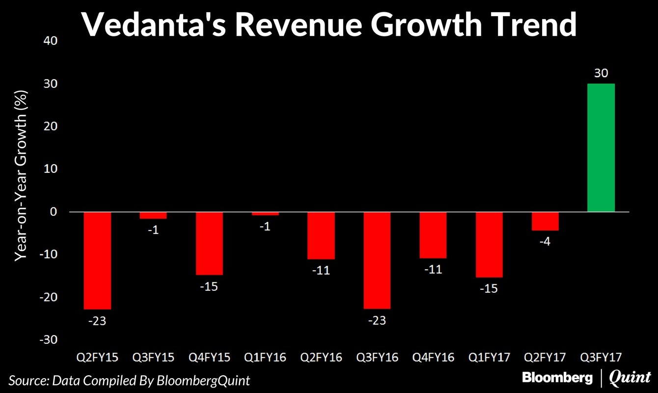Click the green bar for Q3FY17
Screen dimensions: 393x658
(601, 147)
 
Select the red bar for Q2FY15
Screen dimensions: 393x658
(97, 260)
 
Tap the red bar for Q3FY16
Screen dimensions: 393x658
(377, 260)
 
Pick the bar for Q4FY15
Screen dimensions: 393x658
(209, 243)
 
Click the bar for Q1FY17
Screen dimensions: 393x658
(489, 244)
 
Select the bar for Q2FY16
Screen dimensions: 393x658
(321, 235)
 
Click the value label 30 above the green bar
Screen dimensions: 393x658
(601, 74)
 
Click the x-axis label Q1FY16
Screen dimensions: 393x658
(265, 357)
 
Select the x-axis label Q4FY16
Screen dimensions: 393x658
(433, 357)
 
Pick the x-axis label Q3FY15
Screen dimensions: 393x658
(153, 357)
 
